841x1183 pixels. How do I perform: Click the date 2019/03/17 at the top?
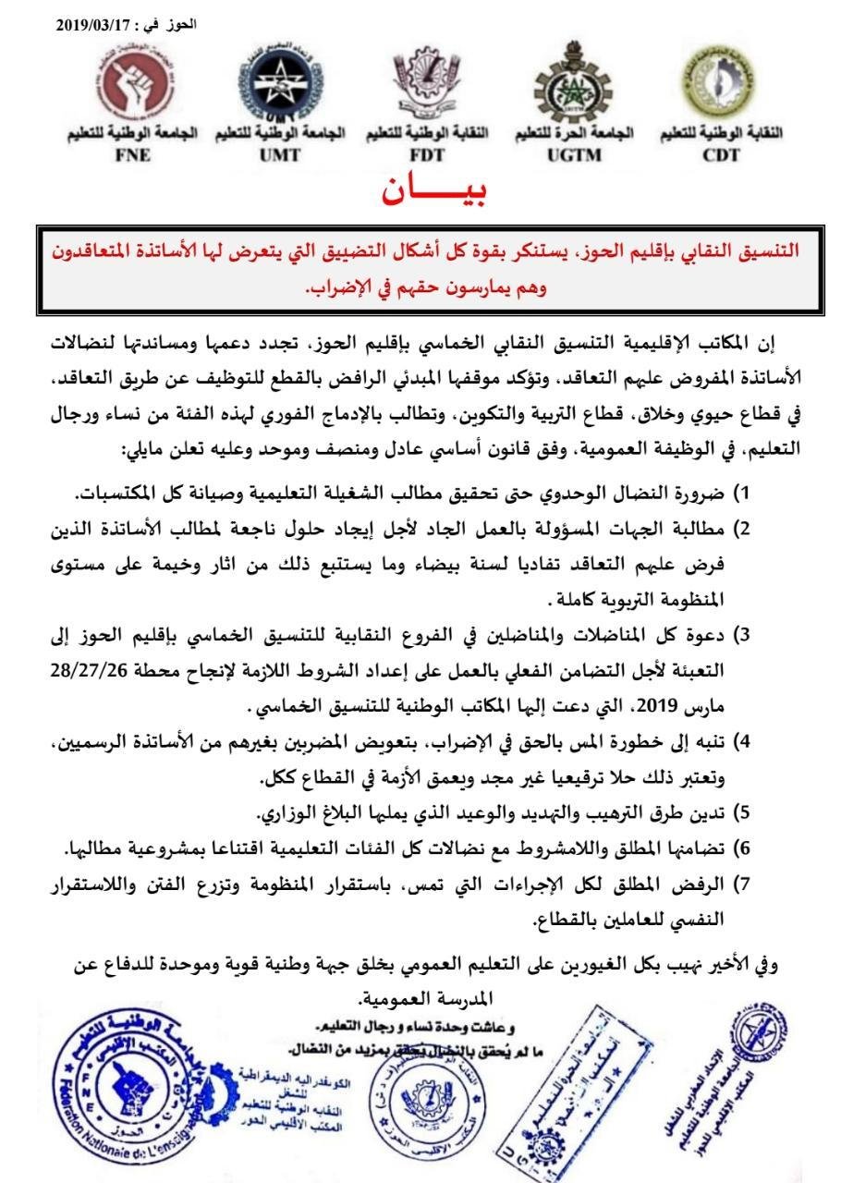click(93, 28)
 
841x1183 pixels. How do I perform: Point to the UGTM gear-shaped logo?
click(572, 89)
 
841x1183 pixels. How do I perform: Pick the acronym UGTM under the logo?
click(573, 154)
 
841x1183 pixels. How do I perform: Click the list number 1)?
click(741, 492)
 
